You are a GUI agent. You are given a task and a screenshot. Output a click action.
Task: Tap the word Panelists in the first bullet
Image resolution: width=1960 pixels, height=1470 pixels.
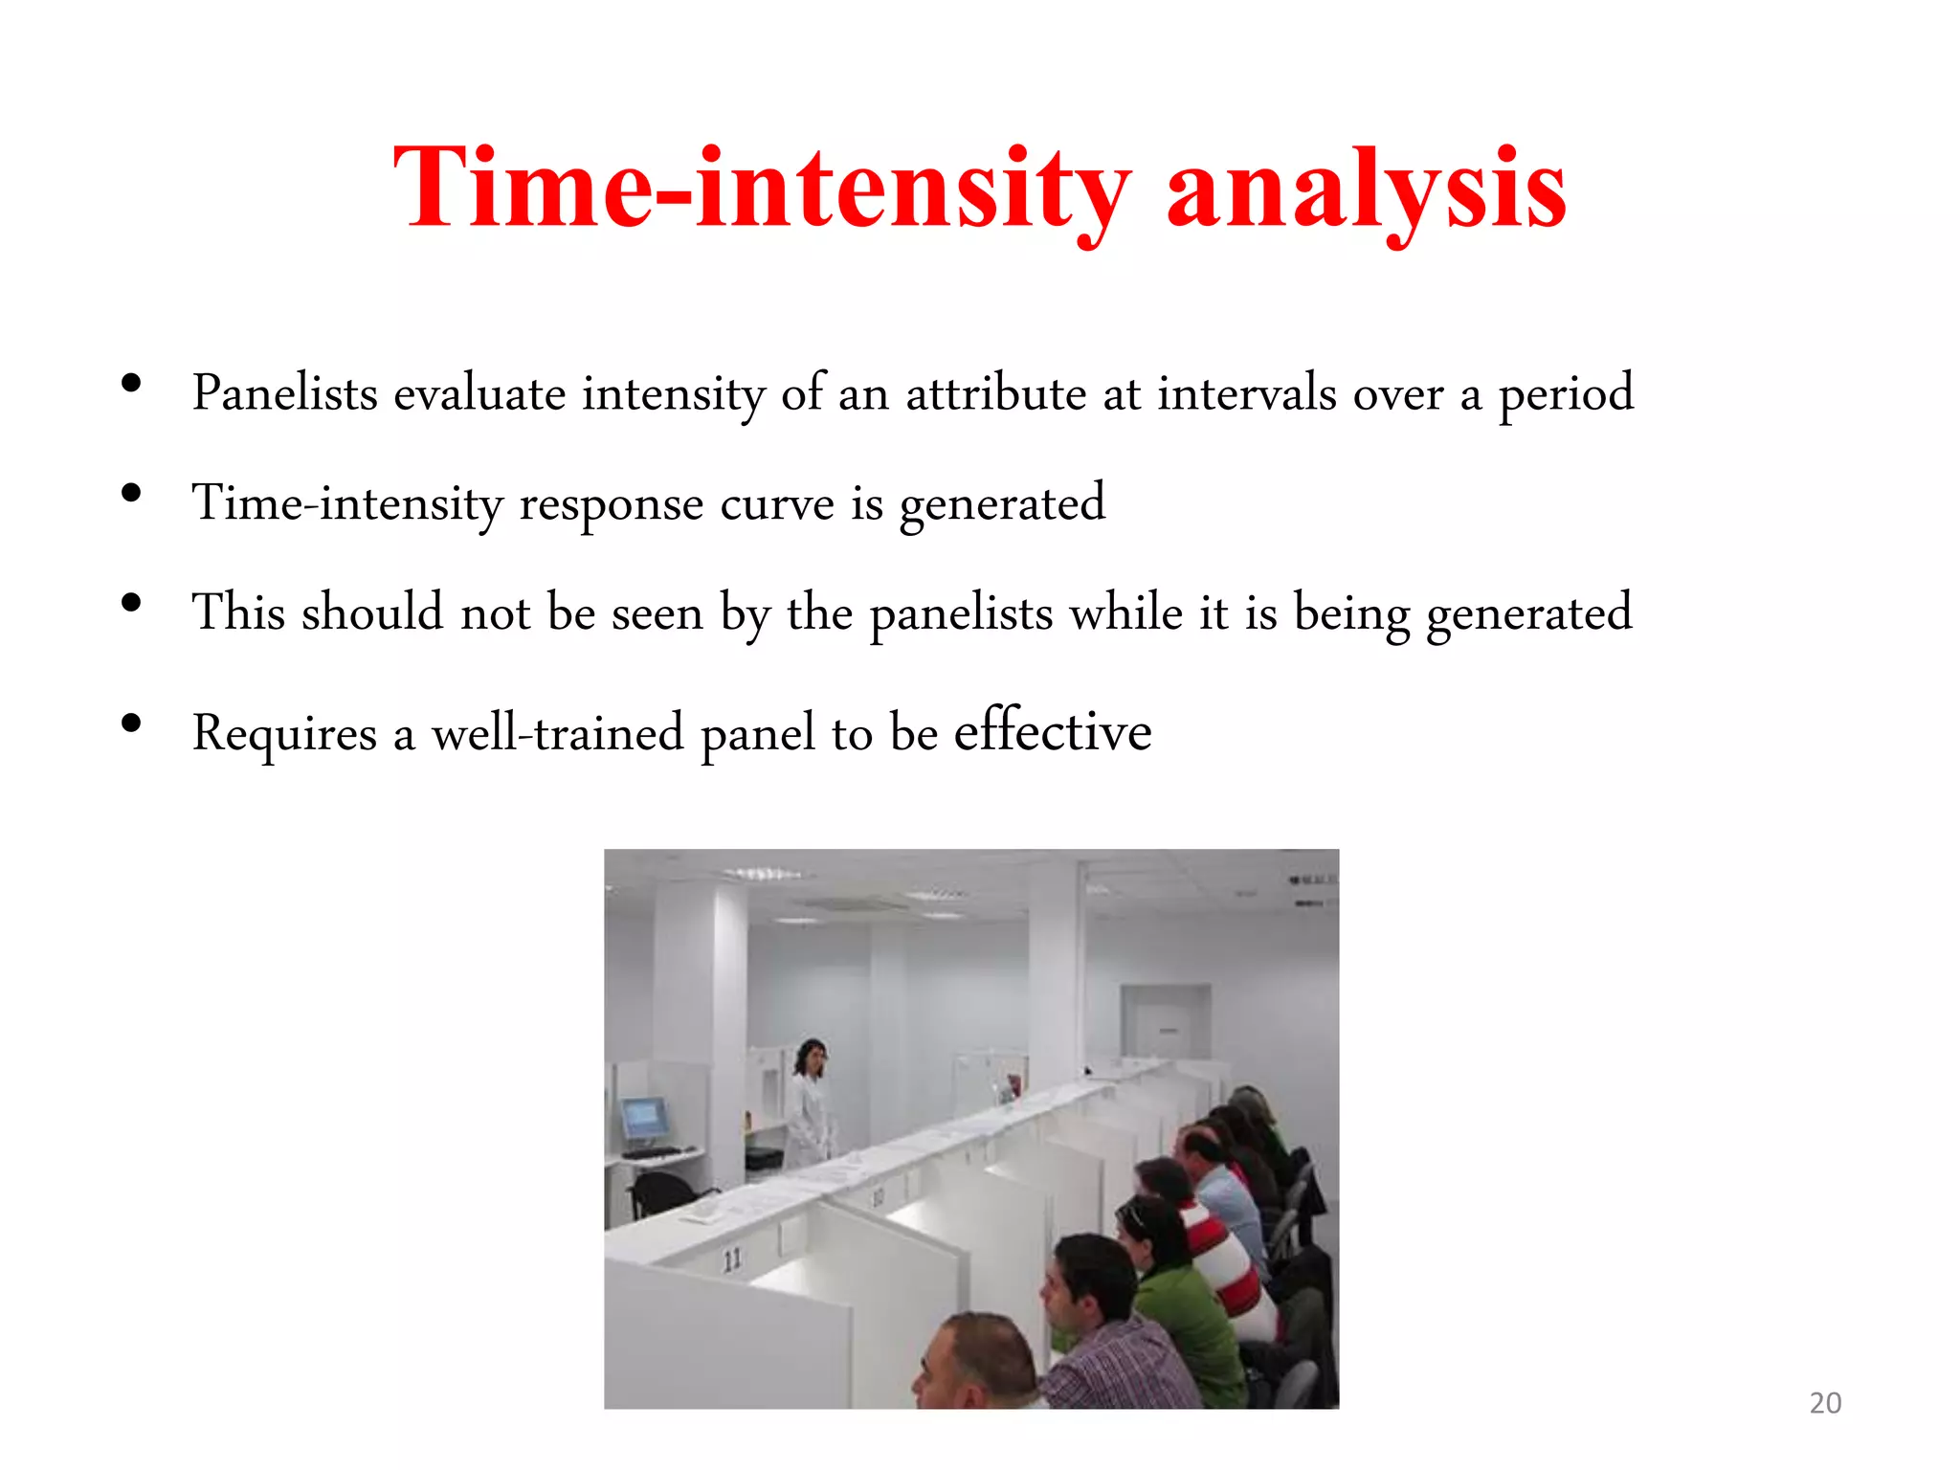coord(284,393)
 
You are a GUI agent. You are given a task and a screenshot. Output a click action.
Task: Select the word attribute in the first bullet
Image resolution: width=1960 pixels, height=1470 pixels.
coord(995,393)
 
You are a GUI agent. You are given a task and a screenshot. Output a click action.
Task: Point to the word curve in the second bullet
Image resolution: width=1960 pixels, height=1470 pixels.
coord(776,503)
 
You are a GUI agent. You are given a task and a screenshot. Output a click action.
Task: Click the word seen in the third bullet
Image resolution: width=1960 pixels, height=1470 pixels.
coord(657,613)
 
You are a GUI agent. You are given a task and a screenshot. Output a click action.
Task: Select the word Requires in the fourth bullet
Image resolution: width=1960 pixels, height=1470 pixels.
coord(284,735)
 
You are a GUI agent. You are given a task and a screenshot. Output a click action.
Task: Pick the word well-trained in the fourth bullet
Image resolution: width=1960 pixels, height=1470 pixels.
coord(557,733)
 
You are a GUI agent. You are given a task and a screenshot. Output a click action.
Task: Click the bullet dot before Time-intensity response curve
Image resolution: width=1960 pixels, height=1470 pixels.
coord(132,494)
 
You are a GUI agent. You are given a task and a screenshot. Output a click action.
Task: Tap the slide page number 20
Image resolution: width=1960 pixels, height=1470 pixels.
coord(1824,1403)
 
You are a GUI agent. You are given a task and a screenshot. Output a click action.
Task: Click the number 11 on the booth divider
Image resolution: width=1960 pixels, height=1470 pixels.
coord(732,1259)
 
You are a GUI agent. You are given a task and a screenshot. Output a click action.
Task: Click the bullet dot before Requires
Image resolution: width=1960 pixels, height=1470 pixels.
coord(132,724)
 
